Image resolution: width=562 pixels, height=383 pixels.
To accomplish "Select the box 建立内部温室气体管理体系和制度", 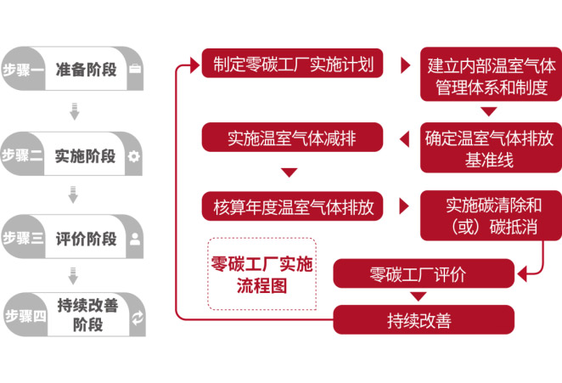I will click(x=490, y=76).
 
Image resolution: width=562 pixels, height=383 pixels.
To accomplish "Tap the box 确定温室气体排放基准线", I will click(x=490, y=148).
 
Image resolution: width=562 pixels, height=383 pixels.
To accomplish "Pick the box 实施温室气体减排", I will click(x=292, y=136).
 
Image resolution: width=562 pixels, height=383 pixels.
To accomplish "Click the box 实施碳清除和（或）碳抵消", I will click(x=491, y=217).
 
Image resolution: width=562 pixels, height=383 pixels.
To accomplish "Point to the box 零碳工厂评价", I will click(x=423, y=274).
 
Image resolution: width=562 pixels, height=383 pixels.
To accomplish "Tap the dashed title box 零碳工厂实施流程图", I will click(x=261, y=274).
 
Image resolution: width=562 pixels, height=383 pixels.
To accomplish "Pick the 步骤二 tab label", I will click(x=23, y=155).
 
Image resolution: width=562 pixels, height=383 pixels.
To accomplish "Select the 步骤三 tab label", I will click(x=23, y=239).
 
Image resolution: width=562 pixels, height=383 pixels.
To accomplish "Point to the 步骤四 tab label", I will click(x=24, y=316).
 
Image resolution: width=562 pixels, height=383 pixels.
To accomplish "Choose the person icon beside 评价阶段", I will click(x=134, y=239).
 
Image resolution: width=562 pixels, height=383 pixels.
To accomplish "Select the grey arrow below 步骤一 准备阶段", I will click(x=74, y=110).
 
